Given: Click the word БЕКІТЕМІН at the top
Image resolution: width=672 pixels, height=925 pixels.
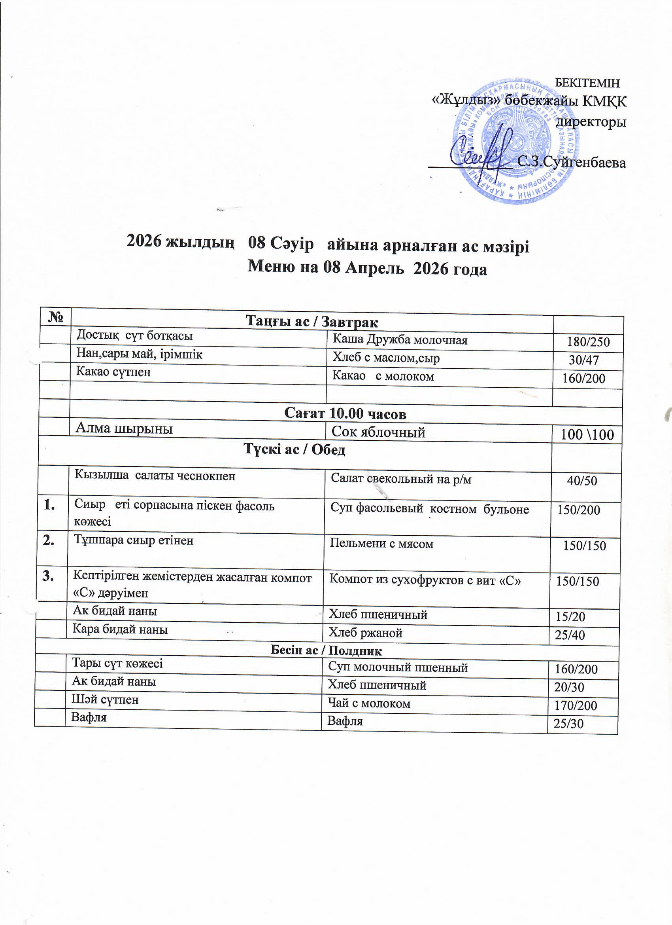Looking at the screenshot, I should tap(587, 83).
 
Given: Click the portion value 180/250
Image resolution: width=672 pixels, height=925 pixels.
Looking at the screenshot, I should tap(588, 342).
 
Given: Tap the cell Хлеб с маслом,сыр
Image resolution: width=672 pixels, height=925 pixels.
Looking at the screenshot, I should tap(386, 358).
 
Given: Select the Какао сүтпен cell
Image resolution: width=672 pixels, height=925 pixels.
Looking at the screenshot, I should tap(113, 372).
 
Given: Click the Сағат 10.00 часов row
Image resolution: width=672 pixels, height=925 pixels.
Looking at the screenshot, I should tap(345, 414).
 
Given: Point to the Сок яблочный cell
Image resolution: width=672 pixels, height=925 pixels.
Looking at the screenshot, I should tap(379, 432).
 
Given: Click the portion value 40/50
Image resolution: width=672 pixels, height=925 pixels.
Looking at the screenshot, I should tap(582, 481).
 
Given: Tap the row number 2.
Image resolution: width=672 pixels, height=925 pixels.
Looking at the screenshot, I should tap(51, 541).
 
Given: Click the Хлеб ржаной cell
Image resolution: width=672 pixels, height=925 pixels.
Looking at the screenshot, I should tap(366, 633).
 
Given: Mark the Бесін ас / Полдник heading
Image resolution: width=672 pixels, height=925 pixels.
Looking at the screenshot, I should tap(327, 650).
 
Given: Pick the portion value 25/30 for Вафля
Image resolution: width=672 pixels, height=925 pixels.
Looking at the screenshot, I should tap(568, 724).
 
